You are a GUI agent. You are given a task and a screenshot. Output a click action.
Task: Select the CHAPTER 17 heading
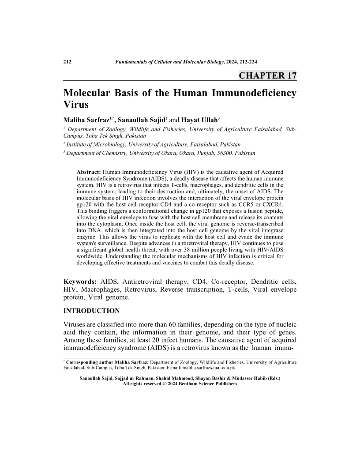267,75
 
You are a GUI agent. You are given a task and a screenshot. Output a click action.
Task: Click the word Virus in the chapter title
76,106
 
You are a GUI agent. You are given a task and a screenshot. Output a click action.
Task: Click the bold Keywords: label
80,282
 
